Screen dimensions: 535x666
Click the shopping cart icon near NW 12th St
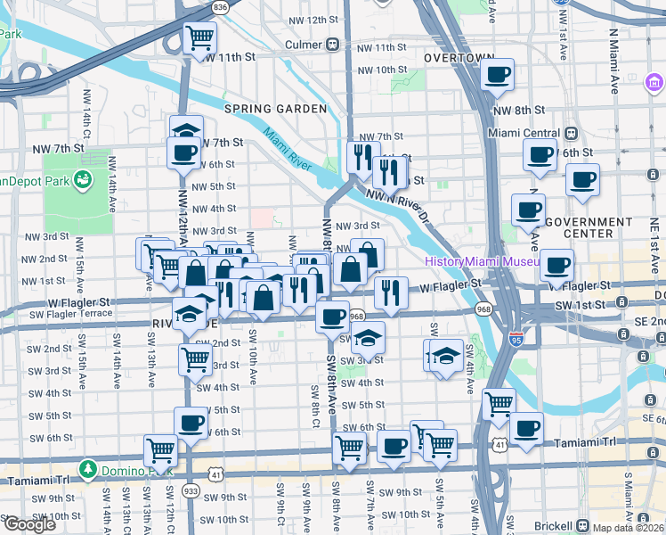click(201, 38)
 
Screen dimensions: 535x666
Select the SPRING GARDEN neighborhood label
click(275, 109)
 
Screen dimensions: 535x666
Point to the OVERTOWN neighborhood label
click(459, 57)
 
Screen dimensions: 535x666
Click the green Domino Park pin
click(88, 468)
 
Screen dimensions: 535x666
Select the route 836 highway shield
click(220, 6)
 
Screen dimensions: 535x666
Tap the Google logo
click(28, 524)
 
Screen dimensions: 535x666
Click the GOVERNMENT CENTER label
click(588, 227)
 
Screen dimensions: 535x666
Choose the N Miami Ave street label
click(614, 61)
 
